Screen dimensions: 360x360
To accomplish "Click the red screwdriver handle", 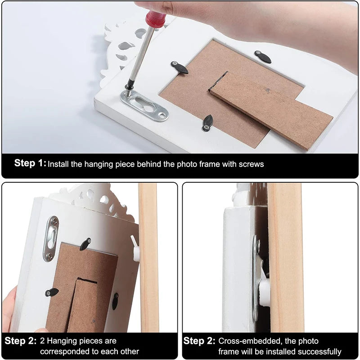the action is tap(155, 18).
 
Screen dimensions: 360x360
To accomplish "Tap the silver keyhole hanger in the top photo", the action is tap(144, 106).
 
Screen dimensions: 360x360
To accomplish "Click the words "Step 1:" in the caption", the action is tap(30, 163).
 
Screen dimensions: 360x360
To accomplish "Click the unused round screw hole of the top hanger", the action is tap(163, 115).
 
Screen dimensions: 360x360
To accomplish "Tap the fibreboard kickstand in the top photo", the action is tap(271, 111).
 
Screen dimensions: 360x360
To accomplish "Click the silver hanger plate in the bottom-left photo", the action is tap(51, 239).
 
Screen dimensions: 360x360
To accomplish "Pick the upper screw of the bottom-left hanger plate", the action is tap(54, 222).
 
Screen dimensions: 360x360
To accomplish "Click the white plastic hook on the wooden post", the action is tap(135, 249).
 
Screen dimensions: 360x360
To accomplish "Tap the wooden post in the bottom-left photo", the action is tap(148, 257).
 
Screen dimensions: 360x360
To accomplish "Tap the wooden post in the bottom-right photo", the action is tap(286, 257).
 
